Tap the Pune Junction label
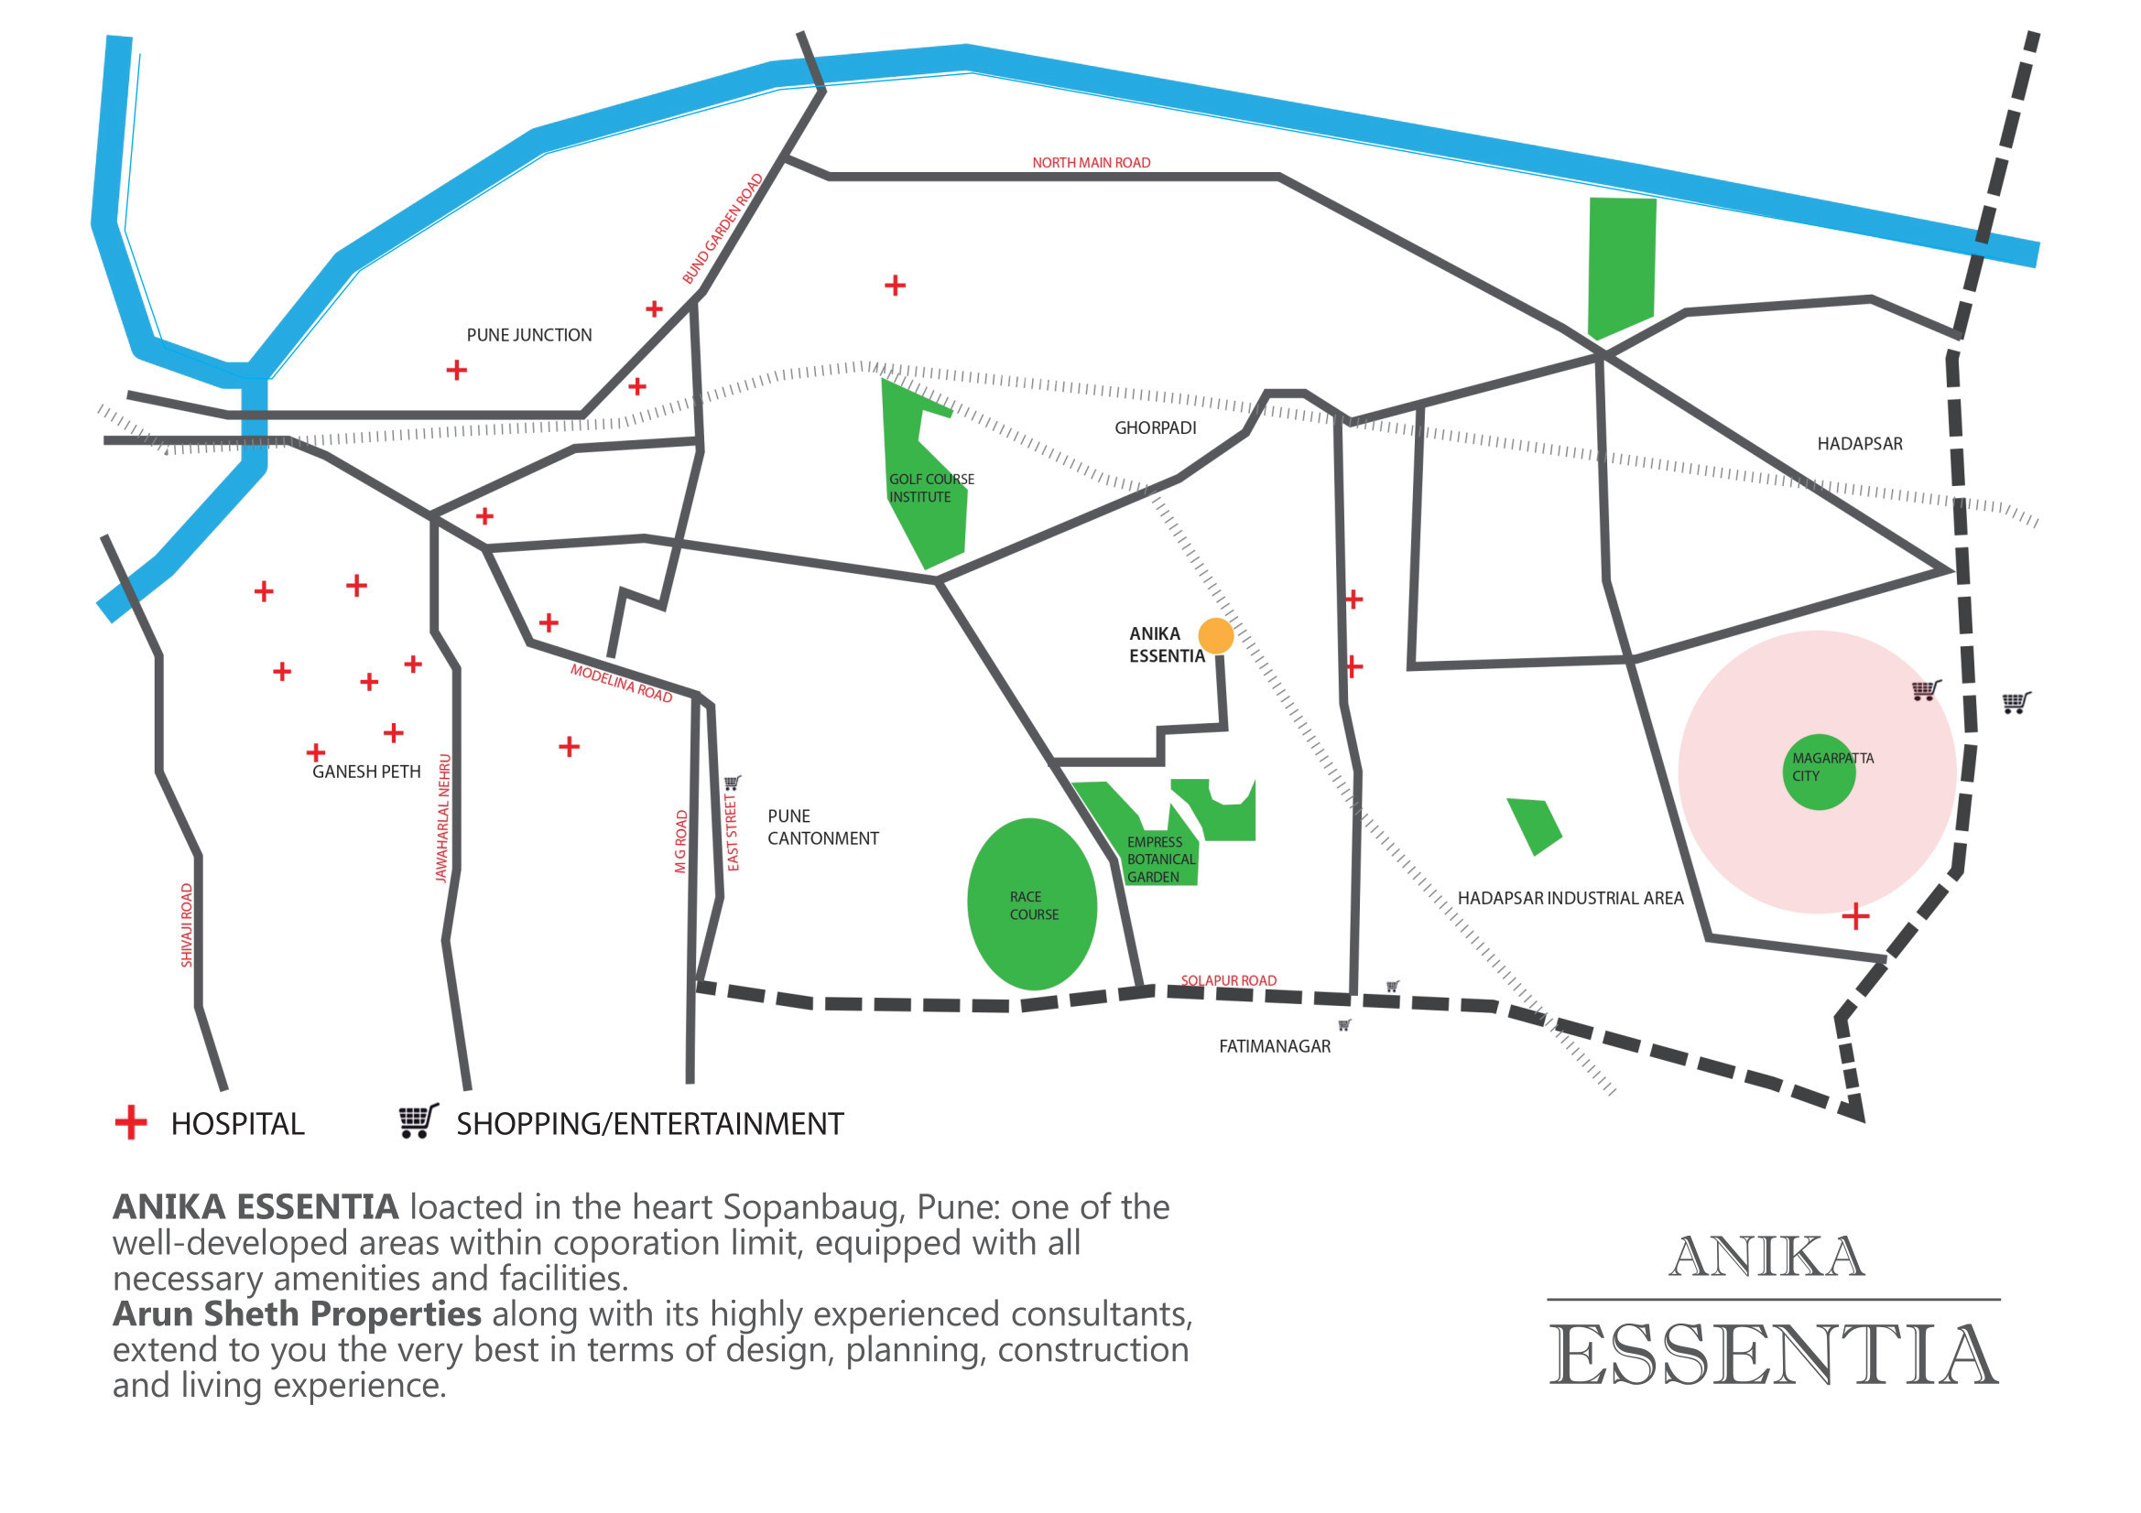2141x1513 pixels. pyautogui.click(x=528, y=335)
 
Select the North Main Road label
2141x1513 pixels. pyautogui.click(x=1091, y=162)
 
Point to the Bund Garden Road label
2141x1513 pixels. pyautogui.click(x=723, y=230)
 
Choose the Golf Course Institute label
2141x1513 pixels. pyautogui.click(x=930, y=488)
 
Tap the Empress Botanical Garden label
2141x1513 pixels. pyautogui.click(x=1160, y=859)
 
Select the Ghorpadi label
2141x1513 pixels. pyautogui.click(x=1156, y=427)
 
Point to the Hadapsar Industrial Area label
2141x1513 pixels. pyautogui.click(x=1570, y=898)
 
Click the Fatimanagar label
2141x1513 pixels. pyautogui.click(x=1275, y=1046)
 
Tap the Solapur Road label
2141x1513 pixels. pyautogui.click(x=1228, y=980)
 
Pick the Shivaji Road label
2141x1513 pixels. pyautogui.click(x=187, y=924)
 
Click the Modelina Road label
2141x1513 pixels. pyautogui.click(x=621, y=684)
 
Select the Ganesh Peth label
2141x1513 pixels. pyautogui.click(x=366, y=772)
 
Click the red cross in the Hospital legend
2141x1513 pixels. pyautogui.click(x=131, y=1122)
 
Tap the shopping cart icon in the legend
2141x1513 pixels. pyautogui.click(x=418, y=1120)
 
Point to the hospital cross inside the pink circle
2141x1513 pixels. pyautogui.click(x=1854, y=916)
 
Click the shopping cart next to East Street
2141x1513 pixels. pyautogui.click(x=733, y=783)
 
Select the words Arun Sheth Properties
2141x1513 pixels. pyautogui.click(x=297, y=1313)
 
